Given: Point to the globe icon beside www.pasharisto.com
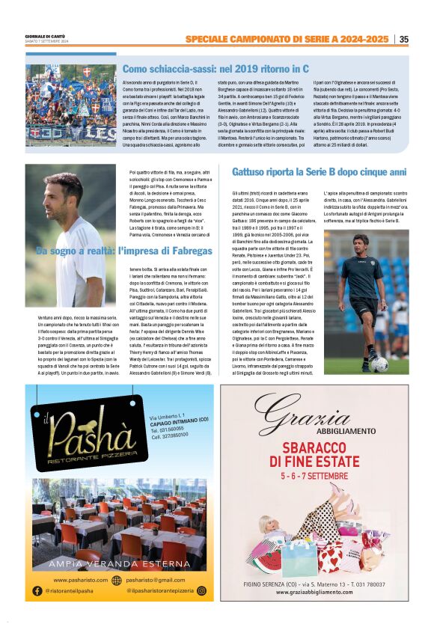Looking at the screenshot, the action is [x=116, y=580].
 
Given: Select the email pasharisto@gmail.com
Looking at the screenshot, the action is [x=154, y=580].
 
